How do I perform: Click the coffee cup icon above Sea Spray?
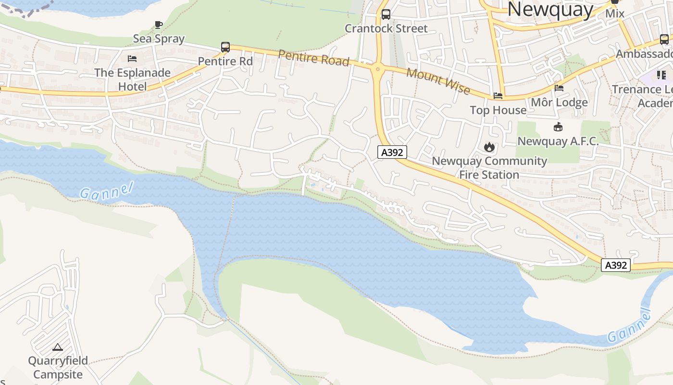(x=159, y=25)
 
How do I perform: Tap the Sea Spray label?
(x=159, y=38)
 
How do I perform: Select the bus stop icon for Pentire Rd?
(x=225, y=47)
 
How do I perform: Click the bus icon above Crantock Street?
(x=386, y=14)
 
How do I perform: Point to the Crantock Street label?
(x=386, y=28)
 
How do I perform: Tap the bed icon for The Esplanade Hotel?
(x=132, y=59)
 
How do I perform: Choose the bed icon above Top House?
(x=498, y=96)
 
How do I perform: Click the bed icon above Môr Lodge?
(x=559, y=88)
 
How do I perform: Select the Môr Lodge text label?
(x=559, y=103)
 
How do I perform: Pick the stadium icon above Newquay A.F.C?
(x=558, y=127)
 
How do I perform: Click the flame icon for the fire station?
(x=489, y=147)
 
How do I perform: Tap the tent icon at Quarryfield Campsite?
(x=58, y=346)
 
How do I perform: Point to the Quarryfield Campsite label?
(x=58, y=368)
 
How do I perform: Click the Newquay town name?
(x=550, y=10)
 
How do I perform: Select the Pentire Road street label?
(x=313, y=57)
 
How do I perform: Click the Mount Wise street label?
(x=438, y=81)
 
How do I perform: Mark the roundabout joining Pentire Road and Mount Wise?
(x=377, y=69)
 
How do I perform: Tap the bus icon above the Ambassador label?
(x=664, y=39)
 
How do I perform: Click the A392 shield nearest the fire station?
(x=392, y=153)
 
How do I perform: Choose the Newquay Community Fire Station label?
(x=489, y=167)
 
